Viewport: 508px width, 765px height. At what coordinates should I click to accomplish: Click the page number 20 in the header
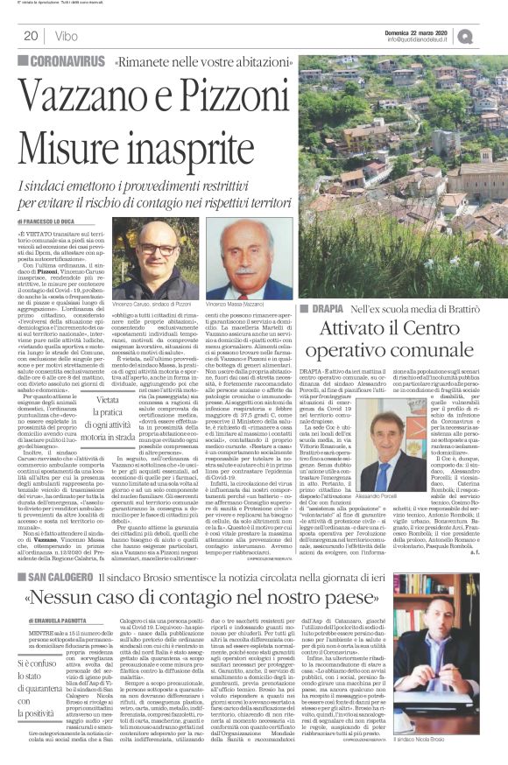coord(30,36)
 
